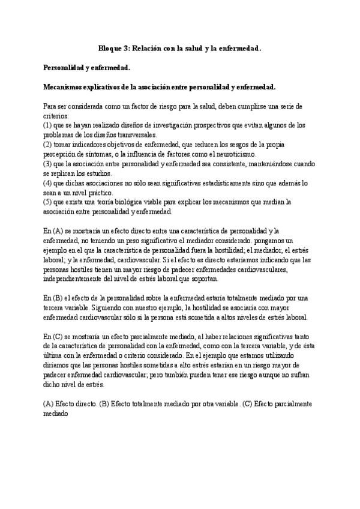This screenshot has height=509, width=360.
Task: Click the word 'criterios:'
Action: point(56,115)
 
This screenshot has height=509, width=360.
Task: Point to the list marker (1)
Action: point(49,125)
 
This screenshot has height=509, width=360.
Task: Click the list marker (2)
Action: point(49,145)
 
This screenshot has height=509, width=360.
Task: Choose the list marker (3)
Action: point(49,164)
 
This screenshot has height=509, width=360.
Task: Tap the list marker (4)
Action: point(49,183)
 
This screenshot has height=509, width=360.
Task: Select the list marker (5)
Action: point(49,202)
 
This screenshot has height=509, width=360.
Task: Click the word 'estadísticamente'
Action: point(218,183)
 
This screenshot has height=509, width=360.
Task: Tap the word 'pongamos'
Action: point(290,241)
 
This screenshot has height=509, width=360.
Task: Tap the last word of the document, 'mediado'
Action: point(56,414)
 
